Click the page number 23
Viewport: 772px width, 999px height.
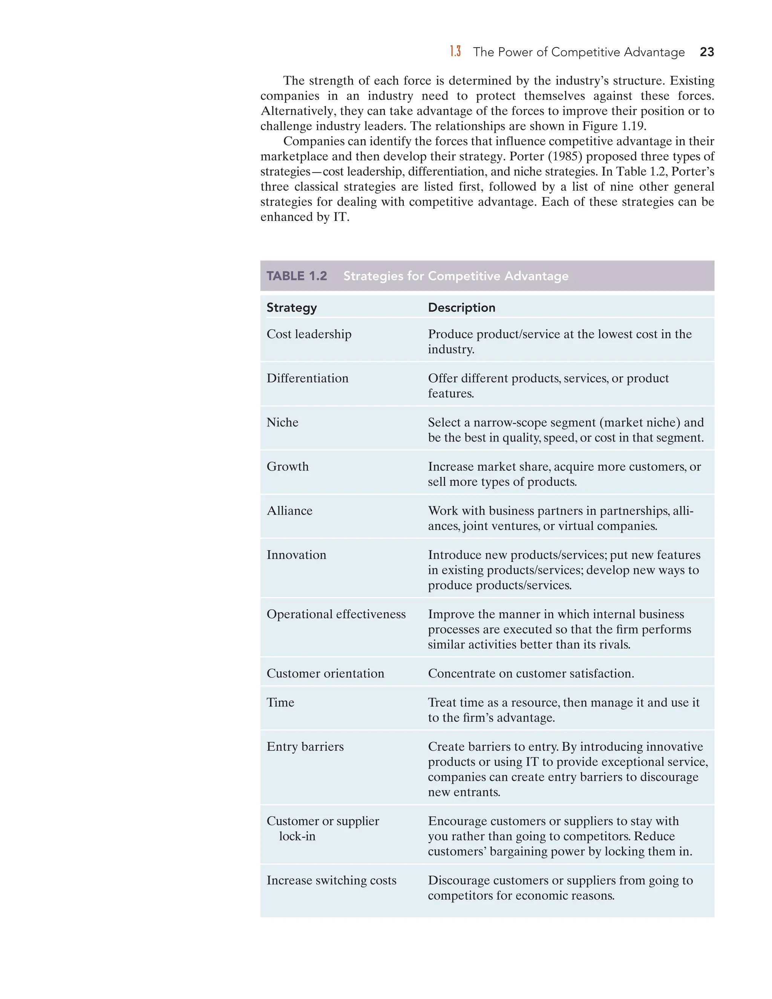pos(707,52)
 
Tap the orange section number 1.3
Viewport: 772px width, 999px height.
pos(455,51)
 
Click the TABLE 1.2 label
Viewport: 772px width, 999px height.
pos(297,276)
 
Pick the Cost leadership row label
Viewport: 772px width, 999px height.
pos(309,334)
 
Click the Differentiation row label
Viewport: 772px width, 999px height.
pos(307,378)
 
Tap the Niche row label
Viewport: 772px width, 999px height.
pos(282,422)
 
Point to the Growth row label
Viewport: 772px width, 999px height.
pos(287,467)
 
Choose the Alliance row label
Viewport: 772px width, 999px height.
pos(289,510)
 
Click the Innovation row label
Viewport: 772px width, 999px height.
pos(296,555)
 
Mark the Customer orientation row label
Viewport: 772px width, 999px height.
pos(325,673)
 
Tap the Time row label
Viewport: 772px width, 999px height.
pos(280,702)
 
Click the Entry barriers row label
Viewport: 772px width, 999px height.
pos(305,746)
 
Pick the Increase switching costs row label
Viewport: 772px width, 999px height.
pos(331,880)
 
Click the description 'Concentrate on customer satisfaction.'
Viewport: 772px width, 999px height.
pos(530,673)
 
